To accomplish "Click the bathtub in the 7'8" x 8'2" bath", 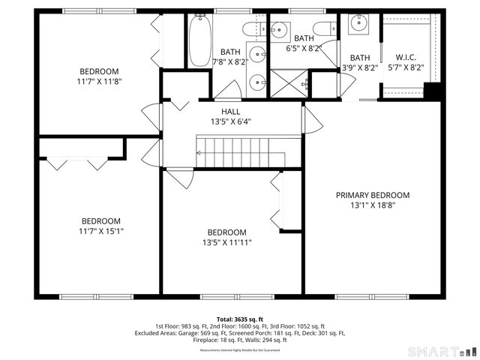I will click(199, 41).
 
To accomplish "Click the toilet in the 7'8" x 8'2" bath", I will click(251, 28).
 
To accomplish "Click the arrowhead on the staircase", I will click(199, 152).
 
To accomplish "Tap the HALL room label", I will click(230, 111).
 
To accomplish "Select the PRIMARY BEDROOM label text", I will click(372, 195).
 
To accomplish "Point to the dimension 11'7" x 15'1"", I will click(101, 231).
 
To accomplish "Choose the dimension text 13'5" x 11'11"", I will click(226, 242).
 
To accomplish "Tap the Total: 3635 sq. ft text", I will click(240, 319).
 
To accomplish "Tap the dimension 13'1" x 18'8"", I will click(372, 205).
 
